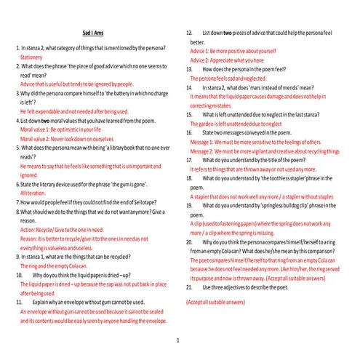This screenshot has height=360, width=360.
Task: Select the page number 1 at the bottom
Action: pos(178,340)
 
